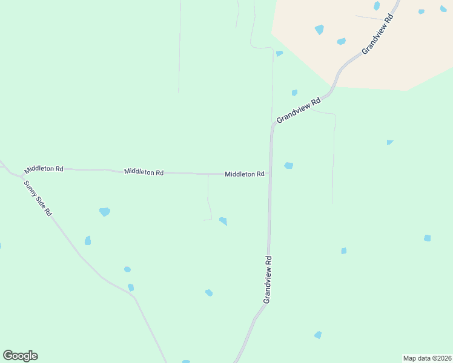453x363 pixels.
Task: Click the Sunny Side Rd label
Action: coord(38,198)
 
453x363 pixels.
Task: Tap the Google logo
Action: coord(20,356)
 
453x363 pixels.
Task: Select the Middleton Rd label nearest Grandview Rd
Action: coord(244,174)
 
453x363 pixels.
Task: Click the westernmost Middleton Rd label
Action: coord(44,169)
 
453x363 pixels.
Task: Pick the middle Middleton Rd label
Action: coord(144,172)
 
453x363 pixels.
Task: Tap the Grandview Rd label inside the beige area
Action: coord(378,34)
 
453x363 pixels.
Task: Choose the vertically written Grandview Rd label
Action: coord(267,280)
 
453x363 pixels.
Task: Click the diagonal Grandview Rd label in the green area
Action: coord(298,111)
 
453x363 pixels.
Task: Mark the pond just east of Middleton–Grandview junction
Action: coord(289,165)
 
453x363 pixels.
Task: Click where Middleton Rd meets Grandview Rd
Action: coord(270,174)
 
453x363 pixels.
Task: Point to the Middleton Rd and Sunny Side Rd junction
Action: coord(21,175)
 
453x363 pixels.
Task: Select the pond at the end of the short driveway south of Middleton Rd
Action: coord(223,221)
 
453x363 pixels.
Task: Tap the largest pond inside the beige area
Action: coord(319,29)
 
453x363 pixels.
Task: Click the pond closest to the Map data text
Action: coord(318,335)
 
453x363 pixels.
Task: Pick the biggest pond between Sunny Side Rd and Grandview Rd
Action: coord(105,212)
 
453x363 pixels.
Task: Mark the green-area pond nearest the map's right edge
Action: coord(427,238)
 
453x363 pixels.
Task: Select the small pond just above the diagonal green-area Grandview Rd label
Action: coord(294,93)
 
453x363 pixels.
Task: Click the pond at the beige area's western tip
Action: coord(279,53)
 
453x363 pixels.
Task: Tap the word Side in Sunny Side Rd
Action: coord(38,198)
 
